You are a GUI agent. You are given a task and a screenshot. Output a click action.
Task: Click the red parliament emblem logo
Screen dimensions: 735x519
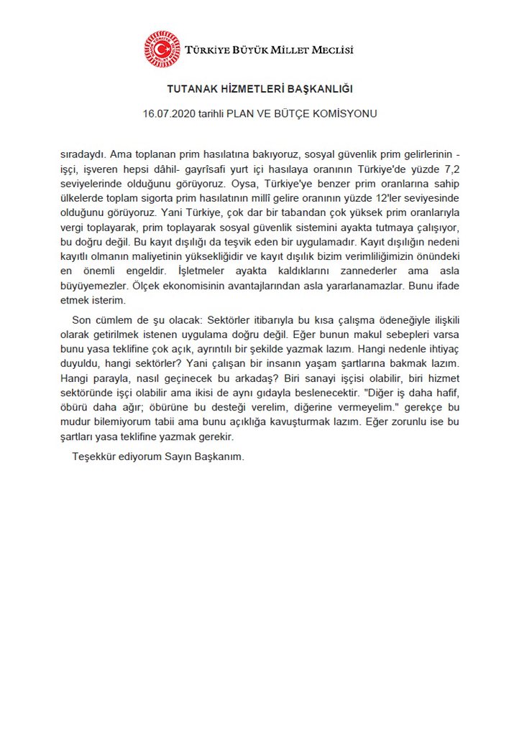162,50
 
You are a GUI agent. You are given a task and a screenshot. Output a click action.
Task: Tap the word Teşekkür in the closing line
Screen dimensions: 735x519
96,457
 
